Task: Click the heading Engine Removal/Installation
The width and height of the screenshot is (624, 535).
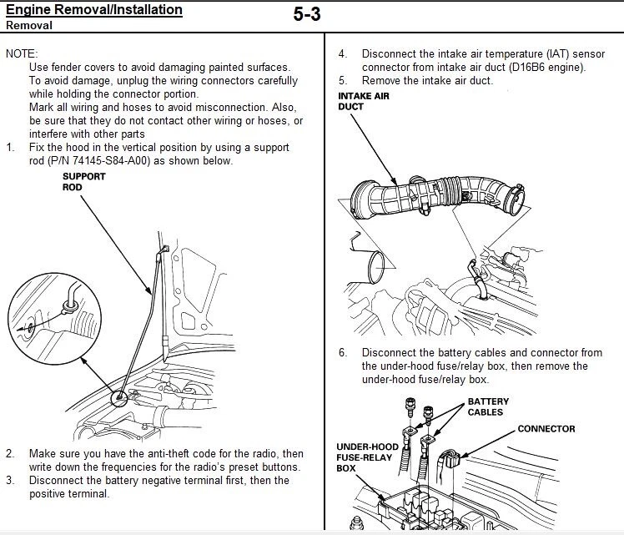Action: coord(93,10)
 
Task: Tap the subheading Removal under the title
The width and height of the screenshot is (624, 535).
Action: coord(29,25)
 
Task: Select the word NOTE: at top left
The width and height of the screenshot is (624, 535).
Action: coord(22,53)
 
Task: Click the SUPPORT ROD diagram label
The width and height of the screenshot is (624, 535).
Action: coord(84,182)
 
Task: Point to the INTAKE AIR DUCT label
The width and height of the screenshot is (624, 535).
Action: coord(363,101)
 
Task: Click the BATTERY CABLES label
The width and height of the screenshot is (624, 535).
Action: coord(488,406)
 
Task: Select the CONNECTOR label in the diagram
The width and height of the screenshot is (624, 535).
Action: coord(546,429)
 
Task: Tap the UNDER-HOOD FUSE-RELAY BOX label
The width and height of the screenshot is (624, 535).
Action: coord(367,457)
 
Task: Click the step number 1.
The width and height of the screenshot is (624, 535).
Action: coord(10,148)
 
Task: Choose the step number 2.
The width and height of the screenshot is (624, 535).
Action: coord(10,453)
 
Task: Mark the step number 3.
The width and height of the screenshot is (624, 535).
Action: coord(10,480)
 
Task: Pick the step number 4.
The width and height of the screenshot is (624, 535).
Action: coord(342,53)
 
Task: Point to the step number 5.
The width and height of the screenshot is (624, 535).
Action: coord(342,81)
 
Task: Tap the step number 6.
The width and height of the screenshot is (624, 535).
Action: coord(342,352)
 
